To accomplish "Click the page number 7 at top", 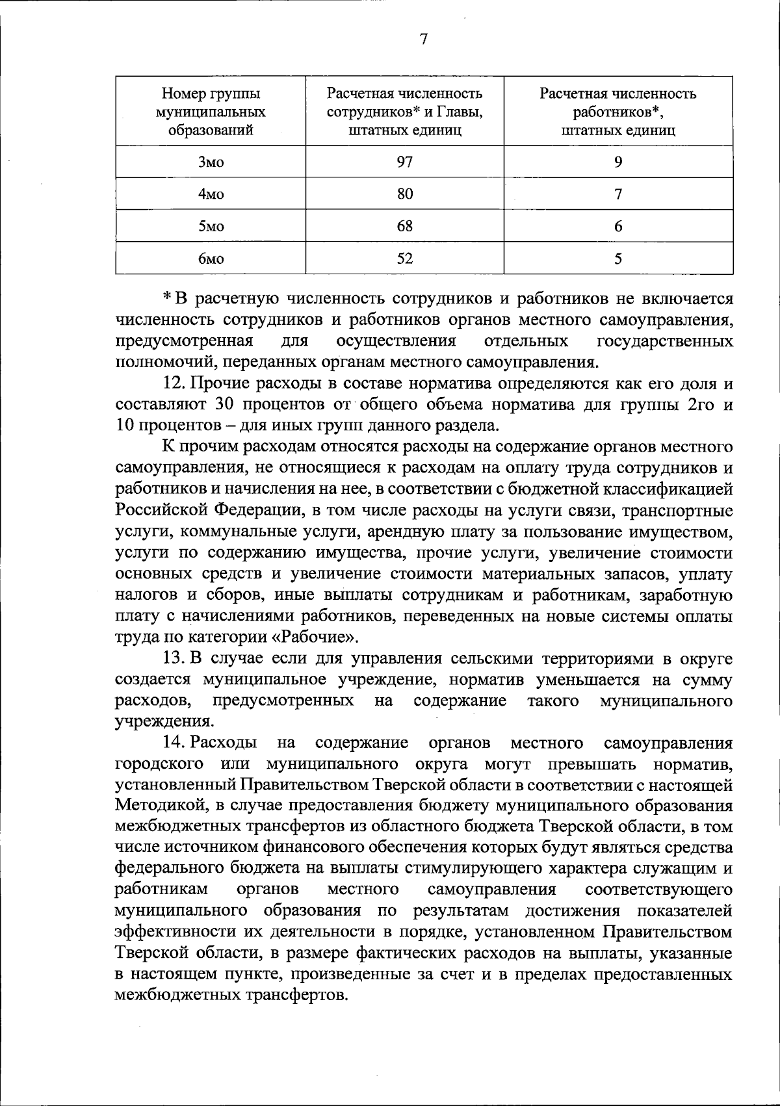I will coord(423,40).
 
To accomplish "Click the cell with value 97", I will coord(405,162).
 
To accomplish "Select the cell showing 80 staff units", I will coord(405,194).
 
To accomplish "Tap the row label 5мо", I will coord(211,227).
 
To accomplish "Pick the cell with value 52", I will coord(405,259).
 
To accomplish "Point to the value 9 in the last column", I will coord(618,162).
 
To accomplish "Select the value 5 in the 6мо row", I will coord(618,259).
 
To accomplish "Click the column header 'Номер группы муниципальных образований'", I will coord(211,111).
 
